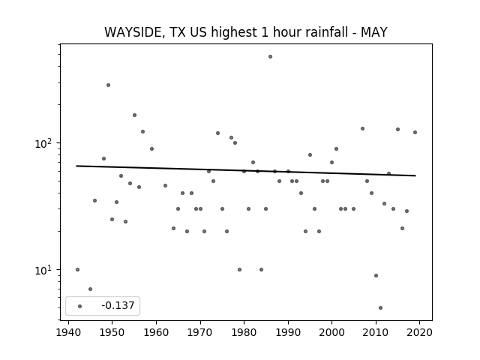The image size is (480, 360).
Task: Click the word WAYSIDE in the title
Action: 133,32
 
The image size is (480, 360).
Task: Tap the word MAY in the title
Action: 374,32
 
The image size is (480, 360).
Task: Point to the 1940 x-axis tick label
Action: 68,332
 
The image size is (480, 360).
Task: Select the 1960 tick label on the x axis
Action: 156,332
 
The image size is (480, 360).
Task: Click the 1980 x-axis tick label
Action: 244,332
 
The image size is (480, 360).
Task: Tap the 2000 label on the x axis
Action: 331,332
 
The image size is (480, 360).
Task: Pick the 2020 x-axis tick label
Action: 419,332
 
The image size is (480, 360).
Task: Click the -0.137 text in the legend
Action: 118,305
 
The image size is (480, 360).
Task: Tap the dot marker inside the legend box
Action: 80,306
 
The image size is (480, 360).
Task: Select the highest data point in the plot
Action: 270,57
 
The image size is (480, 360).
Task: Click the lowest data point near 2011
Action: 380,307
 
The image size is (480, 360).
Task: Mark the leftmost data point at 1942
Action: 77,269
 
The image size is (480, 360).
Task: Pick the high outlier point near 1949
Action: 108,85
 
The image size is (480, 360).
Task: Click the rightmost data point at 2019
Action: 415,132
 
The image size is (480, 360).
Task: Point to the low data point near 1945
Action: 90,289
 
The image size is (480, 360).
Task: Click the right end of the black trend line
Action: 415,175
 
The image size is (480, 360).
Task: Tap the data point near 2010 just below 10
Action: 376,275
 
